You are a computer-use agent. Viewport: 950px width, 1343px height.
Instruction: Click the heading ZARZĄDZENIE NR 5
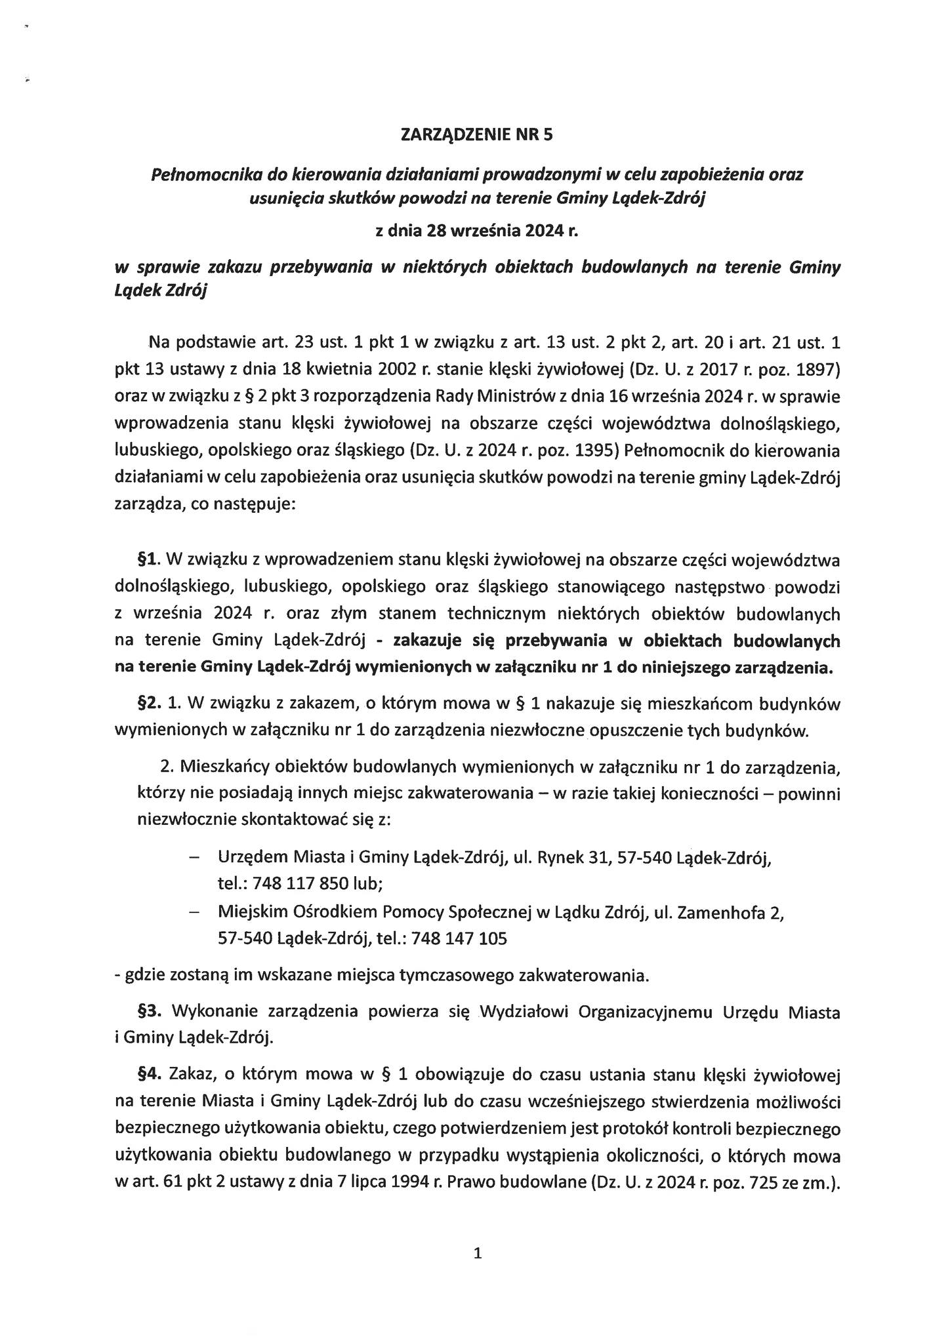tap(477, 135)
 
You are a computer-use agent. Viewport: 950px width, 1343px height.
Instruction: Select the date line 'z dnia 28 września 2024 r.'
tap(477, 231)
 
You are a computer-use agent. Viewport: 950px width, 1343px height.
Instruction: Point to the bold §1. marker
tap(149, 559)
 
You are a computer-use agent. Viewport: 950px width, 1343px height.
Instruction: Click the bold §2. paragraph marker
tap(149, 704)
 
